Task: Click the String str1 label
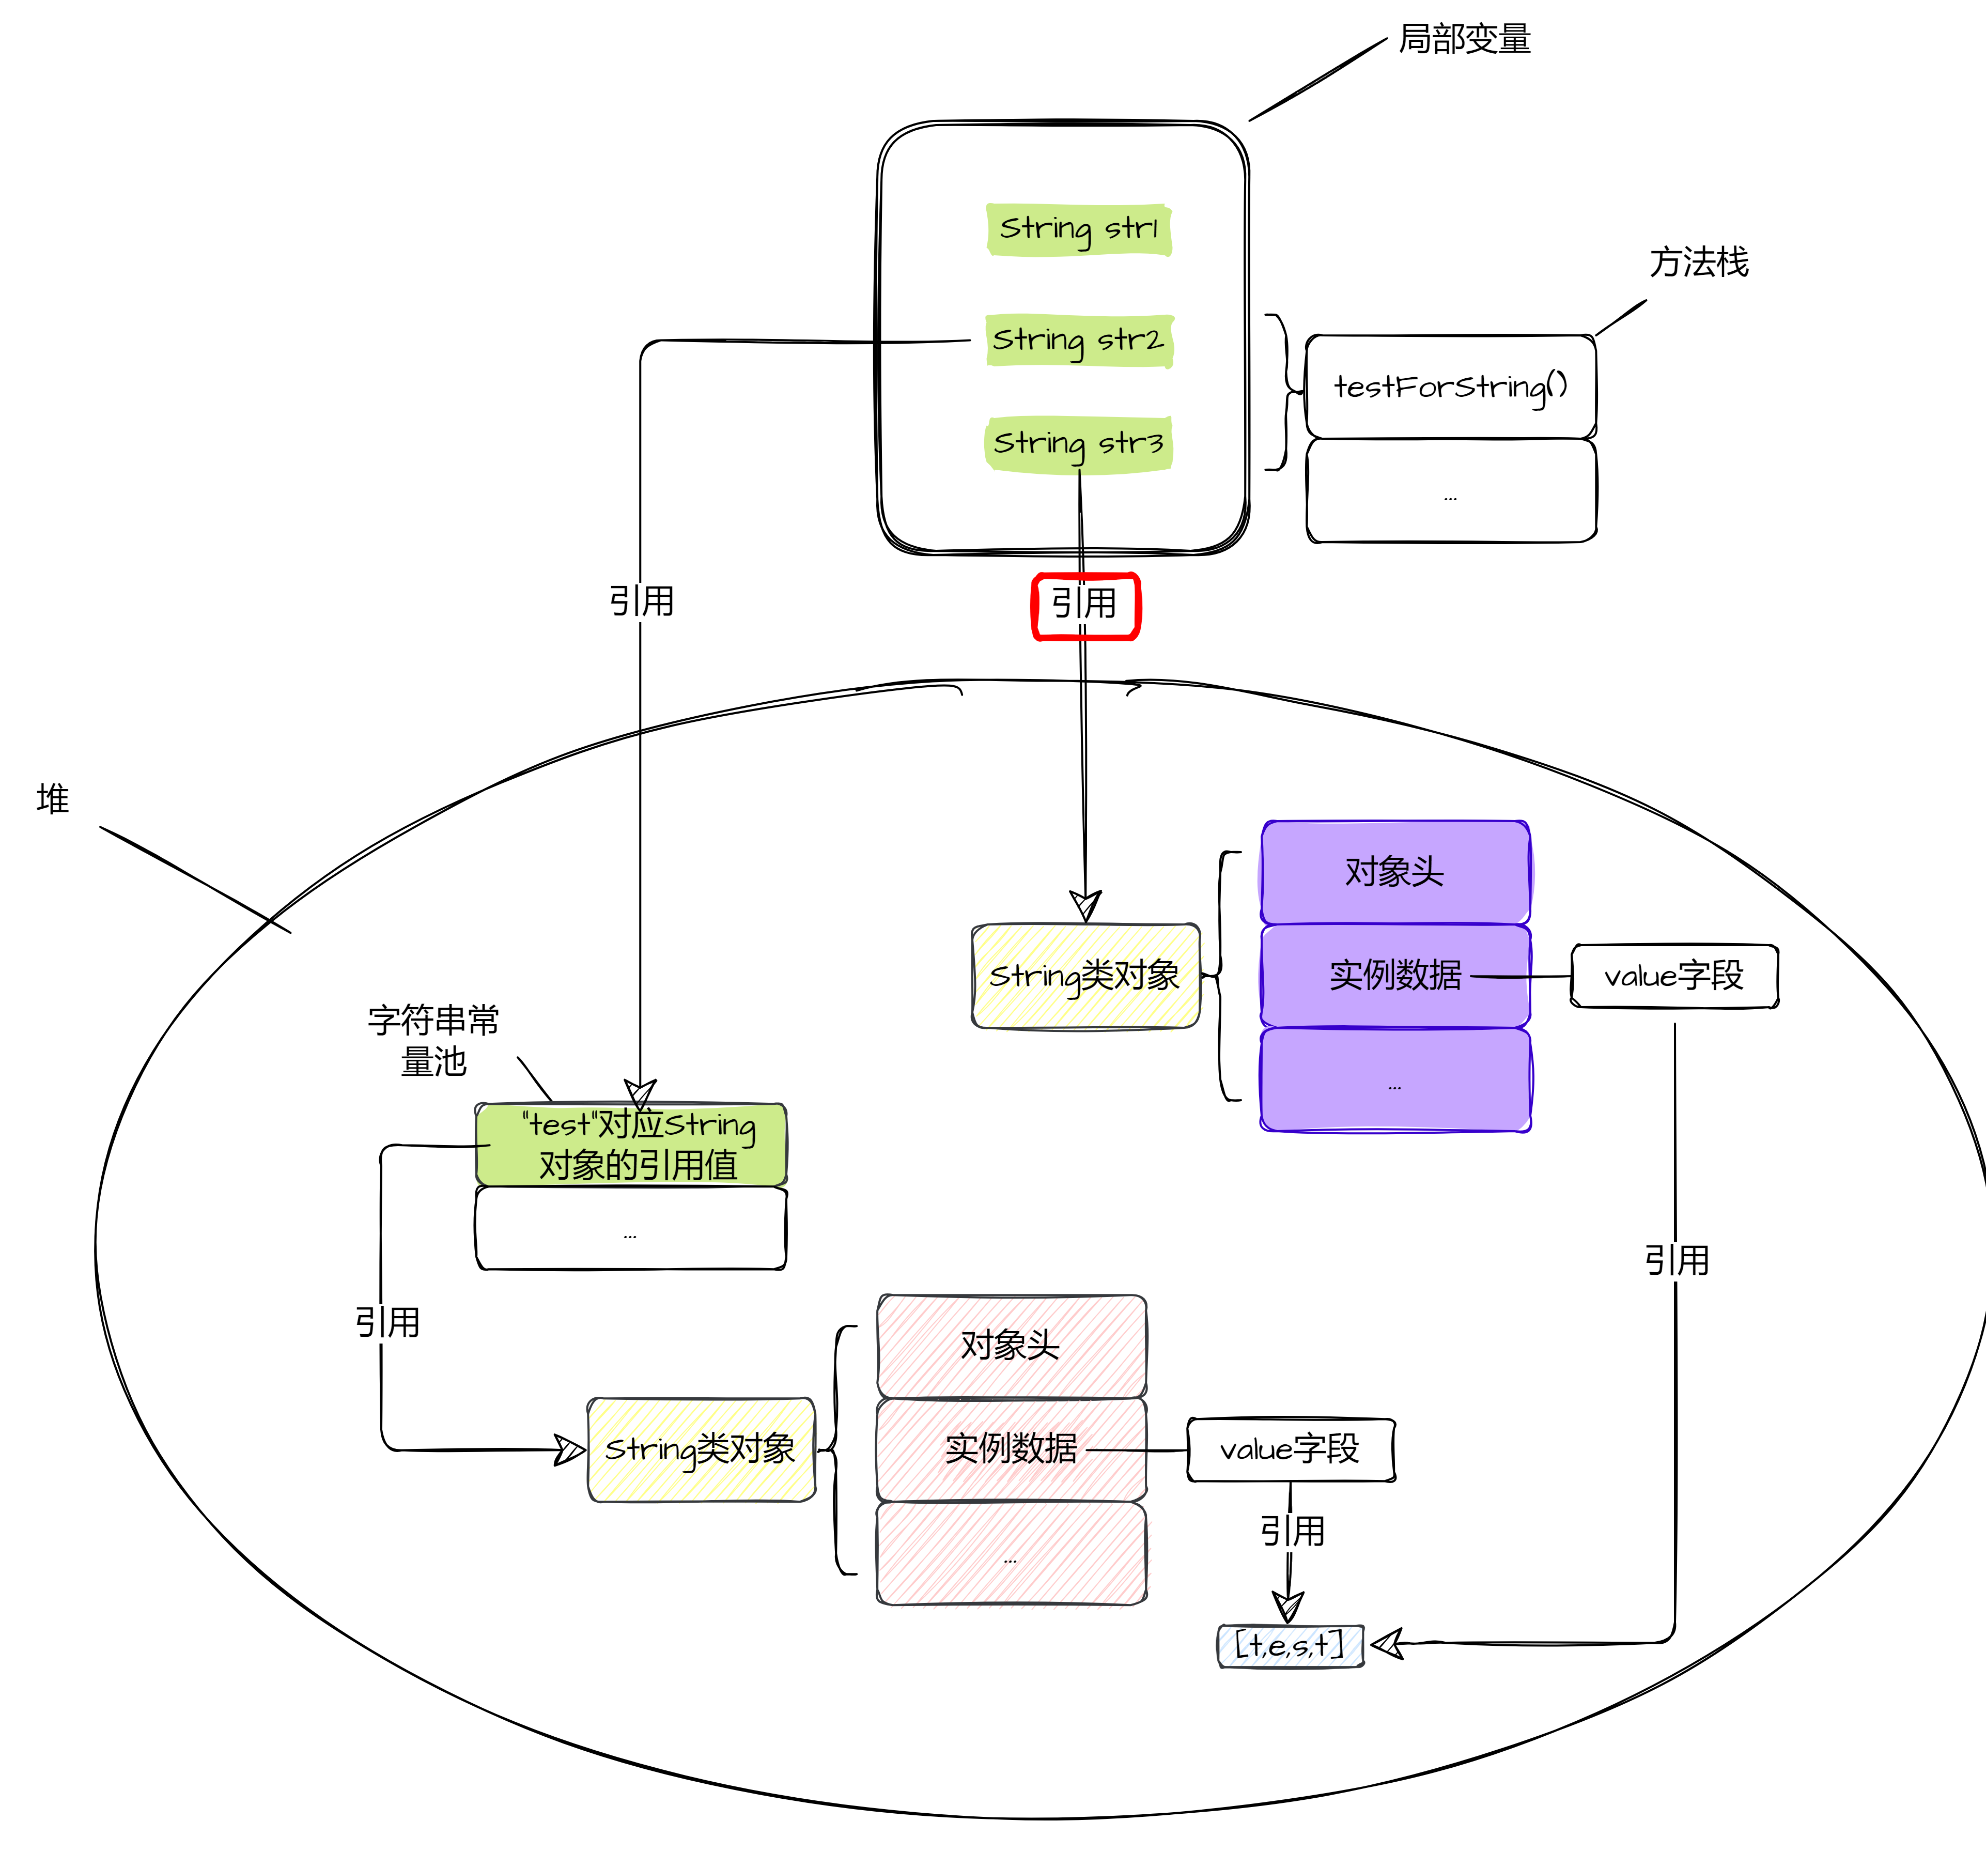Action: pyautogui.click(x=1079, y=229)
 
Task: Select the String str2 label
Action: pyautogui.click(x=1079, y=341)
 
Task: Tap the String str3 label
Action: pyautogui.click(x=1079, y=443)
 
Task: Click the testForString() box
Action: pyautogui.click(x=1451, y=387)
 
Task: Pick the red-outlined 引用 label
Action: pyautogui.click(x=1085, y=605)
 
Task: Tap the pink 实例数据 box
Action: pyautogui.click(x=1011, y=1448)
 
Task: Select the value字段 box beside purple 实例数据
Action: pyautogui.click(x=1674, y=976)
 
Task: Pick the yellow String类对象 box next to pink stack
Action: pyautogui.click(x=701, y=1449)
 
